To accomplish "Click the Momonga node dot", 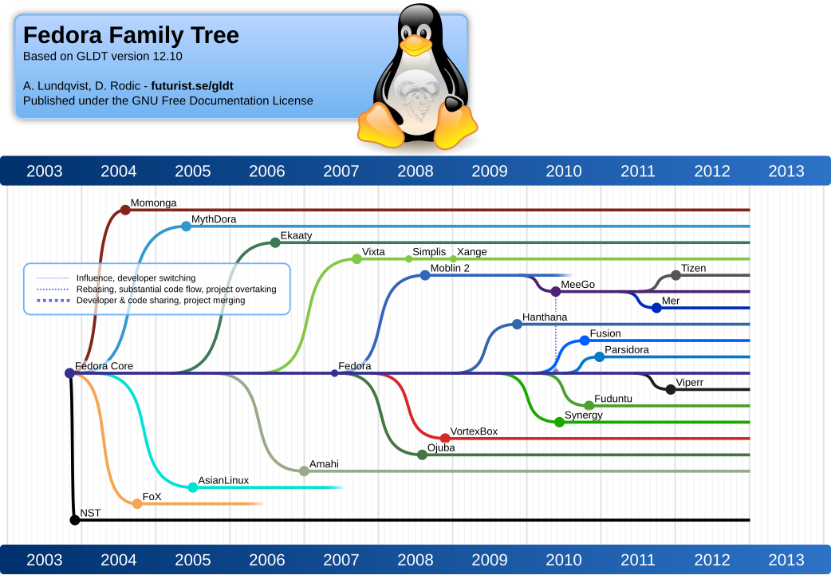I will [x=125, y=210].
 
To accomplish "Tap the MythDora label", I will [x=214, y=219].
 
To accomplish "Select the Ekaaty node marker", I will [x=275, y=242].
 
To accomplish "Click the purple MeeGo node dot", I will [x=556, y=292].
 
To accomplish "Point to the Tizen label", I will [x=693, y=268].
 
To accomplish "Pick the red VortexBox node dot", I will [x=445, y=438].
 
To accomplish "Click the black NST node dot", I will [x=75, y=520].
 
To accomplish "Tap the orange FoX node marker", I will [x=137, y=503].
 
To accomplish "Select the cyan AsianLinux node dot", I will [x=193, y=487].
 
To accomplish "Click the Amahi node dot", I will [x=304, y=471].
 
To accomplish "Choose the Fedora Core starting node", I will [x=69, y=373].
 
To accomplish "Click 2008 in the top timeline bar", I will [x=415, y=171].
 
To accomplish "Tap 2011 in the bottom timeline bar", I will [x=638, y=560].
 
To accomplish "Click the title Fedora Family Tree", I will [x=131, y=36].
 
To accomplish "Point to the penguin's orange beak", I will [x=416, y=46].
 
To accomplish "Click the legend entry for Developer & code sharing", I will [x=160, y=301].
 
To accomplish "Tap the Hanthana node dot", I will [x=517, y=324].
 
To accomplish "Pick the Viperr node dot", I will [x=671, y=389].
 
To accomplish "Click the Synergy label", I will [x=583, y=415].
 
